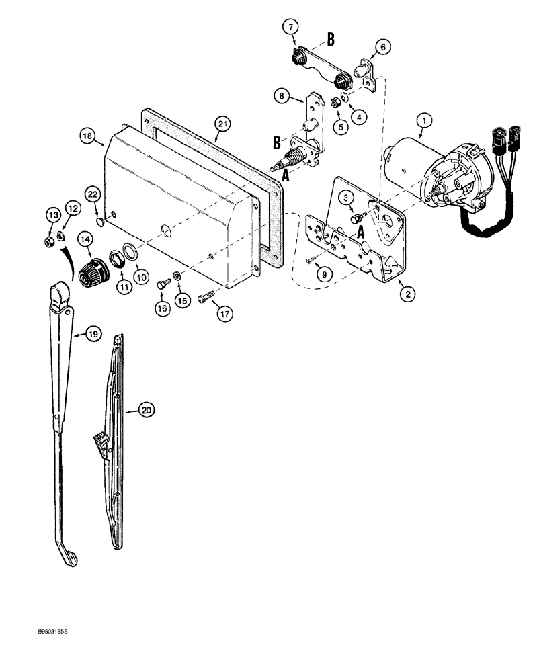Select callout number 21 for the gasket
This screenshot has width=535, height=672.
click(222, 123)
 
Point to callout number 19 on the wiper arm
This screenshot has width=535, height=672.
click(93, 333)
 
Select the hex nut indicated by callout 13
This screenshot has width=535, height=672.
click(50, 241)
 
